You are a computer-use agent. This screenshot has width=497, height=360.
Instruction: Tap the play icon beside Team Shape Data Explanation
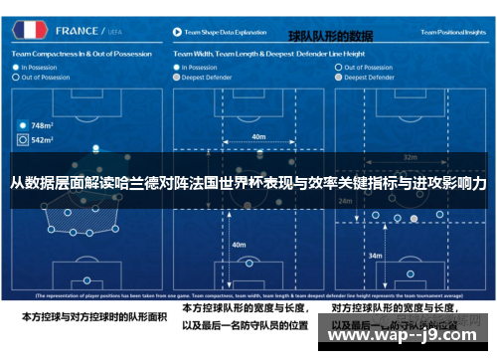click(x=177, y=33)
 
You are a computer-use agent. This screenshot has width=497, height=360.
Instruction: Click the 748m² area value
click(x=42, y=126)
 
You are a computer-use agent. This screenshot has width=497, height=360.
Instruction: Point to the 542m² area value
click(x=42, y=140)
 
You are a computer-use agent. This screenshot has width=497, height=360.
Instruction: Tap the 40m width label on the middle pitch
click(x=259, y=136)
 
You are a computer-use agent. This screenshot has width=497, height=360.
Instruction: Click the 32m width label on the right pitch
click(x=411, y=157)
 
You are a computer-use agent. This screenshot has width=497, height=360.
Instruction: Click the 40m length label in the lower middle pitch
click(x=239, y=244)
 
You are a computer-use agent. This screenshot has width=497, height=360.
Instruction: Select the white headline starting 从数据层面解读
click(x=248, y=185)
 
